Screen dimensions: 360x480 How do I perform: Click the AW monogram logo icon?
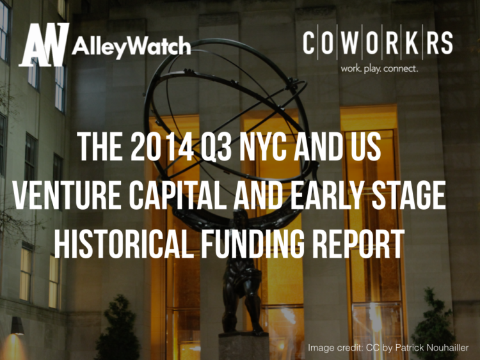[44, 45]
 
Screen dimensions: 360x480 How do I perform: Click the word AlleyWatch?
[131, 47]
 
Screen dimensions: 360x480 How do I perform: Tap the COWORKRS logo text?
[378, 43]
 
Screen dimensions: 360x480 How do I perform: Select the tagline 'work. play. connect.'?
[379, 68]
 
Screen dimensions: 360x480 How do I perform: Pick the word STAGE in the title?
[406, 197]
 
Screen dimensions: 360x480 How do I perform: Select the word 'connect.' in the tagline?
[401, 68]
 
